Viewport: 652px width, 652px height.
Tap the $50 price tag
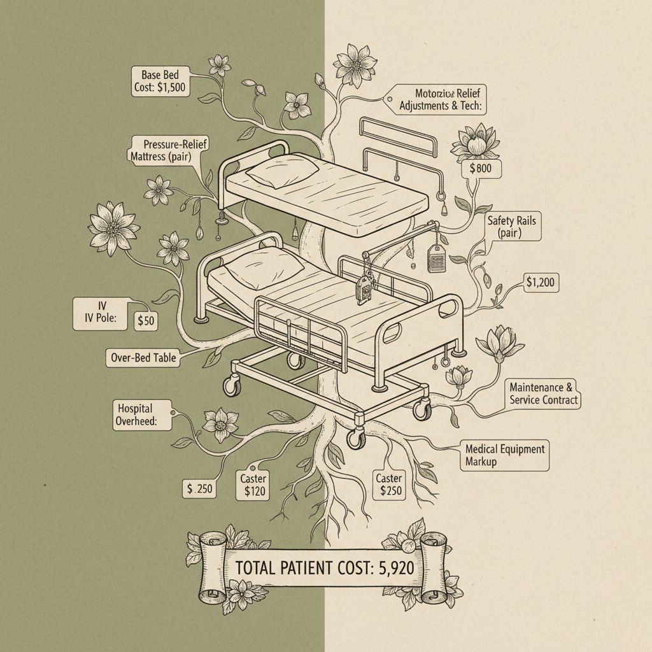click(x=146, y=321)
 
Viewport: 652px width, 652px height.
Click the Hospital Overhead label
click(x=135, y=415)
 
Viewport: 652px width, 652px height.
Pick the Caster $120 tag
click(x=253, y=485)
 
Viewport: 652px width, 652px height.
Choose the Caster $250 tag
click(x=388, y=485)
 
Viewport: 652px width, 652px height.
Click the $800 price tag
click(x=481, y=169)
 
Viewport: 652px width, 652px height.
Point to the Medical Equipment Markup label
click(x=504, y=455)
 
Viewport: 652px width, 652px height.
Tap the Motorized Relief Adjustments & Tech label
click(x=441, y=101)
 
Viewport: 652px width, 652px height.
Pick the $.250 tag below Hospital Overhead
click(x=200, y=489)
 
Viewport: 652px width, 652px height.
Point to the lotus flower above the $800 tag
click(x=475, y=141)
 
